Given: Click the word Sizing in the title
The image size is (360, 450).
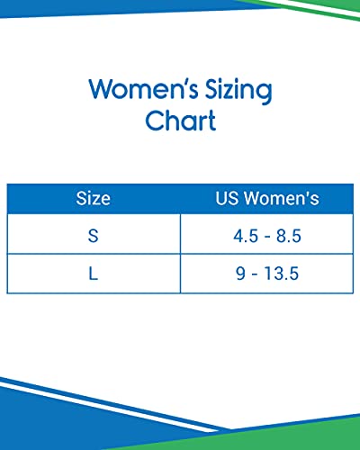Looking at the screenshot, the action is coord(238,90).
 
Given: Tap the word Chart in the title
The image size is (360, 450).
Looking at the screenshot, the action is coord(181,120).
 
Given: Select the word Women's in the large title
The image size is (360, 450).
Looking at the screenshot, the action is coord(143,88).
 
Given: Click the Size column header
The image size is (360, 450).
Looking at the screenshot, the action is coord(93,198).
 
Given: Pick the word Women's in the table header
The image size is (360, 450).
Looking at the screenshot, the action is coord(281,198).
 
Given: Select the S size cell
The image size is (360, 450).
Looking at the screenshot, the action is coord(94,236).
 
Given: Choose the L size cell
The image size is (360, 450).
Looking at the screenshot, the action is coord(94,274).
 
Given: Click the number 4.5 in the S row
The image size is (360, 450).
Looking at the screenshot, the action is coord(246,236).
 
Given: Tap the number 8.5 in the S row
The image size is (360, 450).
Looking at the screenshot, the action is coord(288,236).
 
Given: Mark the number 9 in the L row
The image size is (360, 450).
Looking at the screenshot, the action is coord(240,274).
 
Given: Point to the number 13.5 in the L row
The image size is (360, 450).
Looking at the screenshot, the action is coord(281,274).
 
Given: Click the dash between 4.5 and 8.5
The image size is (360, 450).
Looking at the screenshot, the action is coord(267,237).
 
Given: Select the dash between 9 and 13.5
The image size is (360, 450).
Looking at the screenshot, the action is coord(255,274).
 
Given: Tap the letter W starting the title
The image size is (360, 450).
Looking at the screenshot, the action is coord(101,88).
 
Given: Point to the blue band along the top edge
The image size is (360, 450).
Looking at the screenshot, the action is coord(120,7).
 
